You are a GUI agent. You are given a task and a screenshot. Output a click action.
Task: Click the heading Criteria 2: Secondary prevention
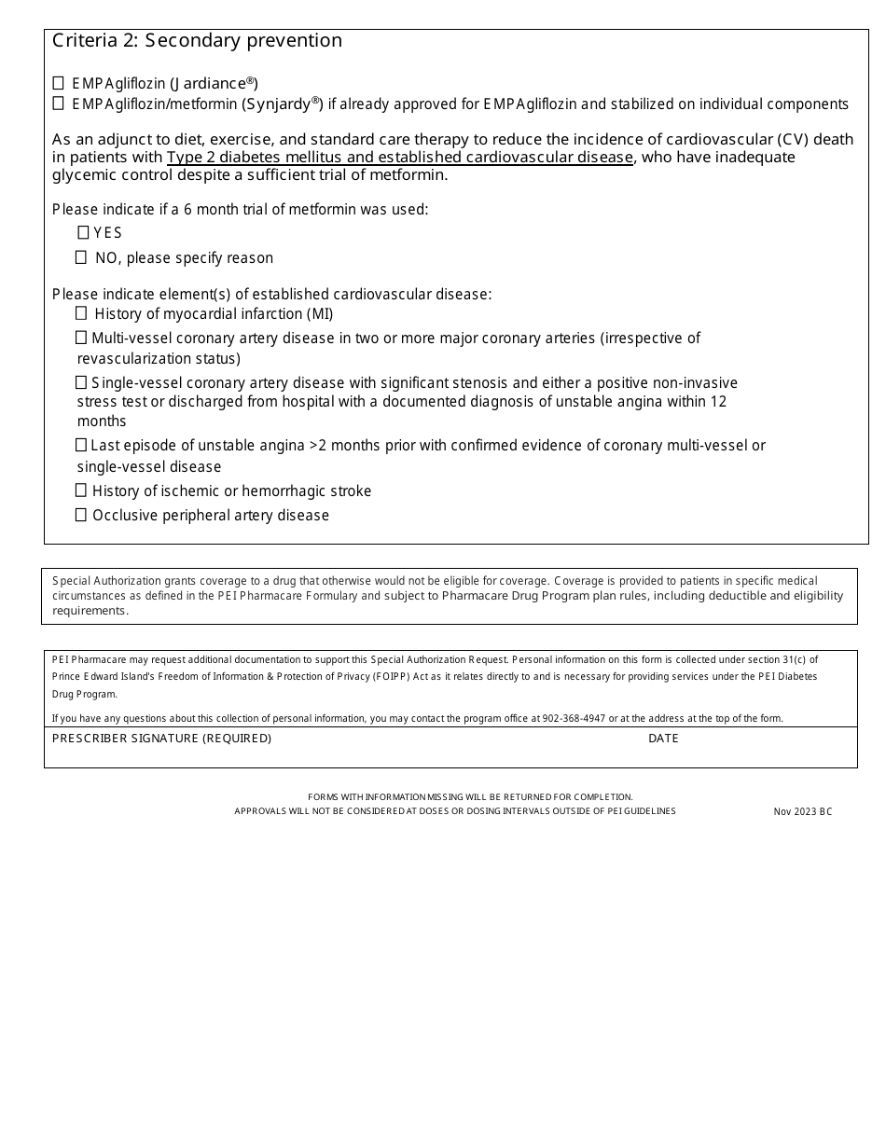[197, 40]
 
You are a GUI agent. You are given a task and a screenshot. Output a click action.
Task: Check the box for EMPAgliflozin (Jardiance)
[59, 82]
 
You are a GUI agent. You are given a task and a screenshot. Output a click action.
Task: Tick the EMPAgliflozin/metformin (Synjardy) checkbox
[59, 103]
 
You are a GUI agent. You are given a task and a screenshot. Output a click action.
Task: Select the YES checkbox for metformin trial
[83, 232]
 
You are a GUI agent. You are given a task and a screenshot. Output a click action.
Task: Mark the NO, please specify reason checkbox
[81, 256]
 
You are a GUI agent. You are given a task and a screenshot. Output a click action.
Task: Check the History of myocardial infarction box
[81, 313]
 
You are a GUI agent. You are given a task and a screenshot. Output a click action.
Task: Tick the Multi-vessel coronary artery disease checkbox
[81, 338]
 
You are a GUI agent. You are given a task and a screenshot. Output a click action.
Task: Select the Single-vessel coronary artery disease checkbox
[81, 382]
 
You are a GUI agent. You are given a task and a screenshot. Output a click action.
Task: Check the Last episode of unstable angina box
[81, 445]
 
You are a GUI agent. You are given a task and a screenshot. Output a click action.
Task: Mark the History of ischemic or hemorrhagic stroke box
[81, 491]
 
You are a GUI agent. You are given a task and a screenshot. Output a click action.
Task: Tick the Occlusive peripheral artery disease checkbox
[81, 515]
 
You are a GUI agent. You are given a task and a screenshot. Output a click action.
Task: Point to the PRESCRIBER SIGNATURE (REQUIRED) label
[161, 739]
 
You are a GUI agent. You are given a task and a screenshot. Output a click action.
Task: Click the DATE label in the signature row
[663, 739]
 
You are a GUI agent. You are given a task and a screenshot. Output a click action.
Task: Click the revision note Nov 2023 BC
[802, 811]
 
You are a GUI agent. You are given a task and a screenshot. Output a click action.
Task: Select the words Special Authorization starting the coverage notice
[104, 581]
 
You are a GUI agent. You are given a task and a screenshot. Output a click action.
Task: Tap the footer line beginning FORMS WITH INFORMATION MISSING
[470, 796]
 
